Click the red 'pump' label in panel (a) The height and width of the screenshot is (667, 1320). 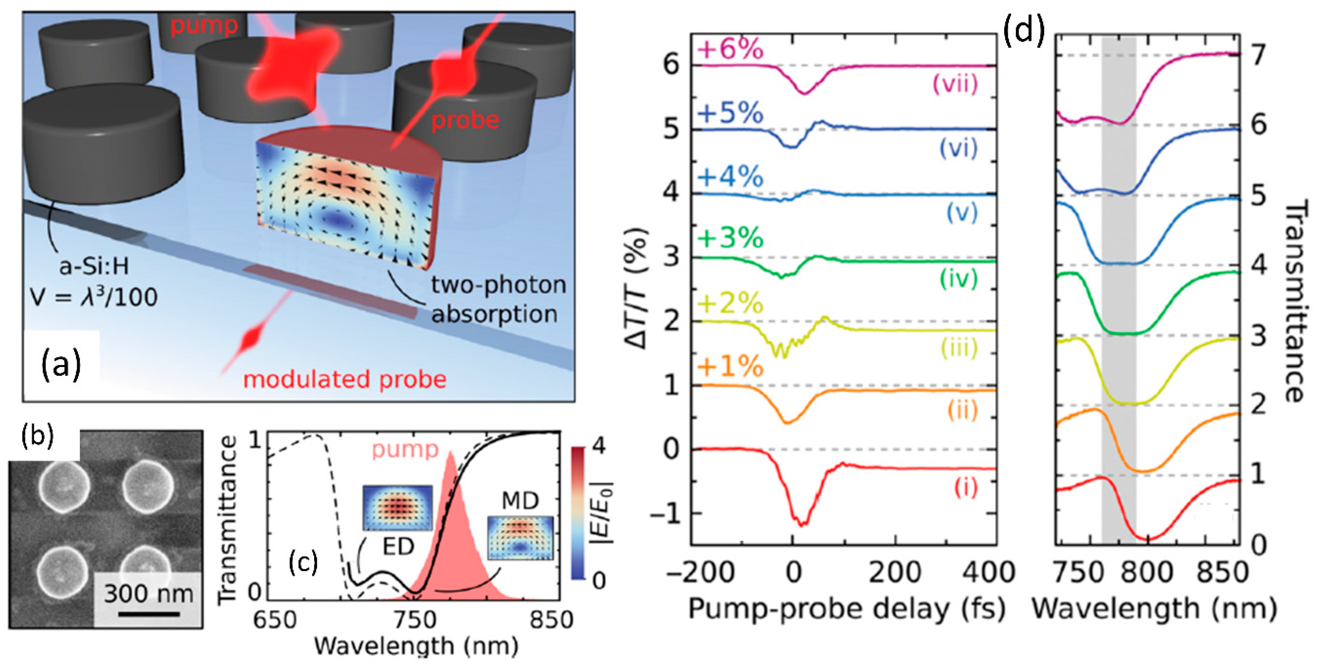coord(204,25)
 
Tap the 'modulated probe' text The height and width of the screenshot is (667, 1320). coord(344,379)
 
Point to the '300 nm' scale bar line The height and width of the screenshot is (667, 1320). coord(149,613)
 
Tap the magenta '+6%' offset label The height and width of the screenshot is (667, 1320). coord(730,50)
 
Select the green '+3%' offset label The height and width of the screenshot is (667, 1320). coord(730,239)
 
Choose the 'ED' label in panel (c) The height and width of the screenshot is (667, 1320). coord(398,546)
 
